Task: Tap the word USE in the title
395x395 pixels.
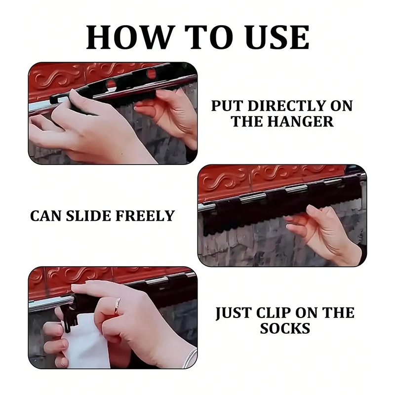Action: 277,37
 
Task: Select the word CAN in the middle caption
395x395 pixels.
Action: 45,216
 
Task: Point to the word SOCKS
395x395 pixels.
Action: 285,328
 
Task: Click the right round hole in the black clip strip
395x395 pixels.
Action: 152,73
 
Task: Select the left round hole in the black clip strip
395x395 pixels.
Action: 111,84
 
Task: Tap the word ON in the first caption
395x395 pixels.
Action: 341,106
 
